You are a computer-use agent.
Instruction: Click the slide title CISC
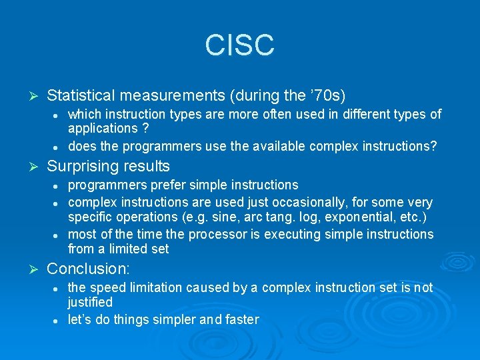239,45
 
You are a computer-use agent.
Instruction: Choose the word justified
90,302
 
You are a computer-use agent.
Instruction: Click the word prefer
161,185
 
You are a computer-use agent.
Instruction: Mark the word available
258,146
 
